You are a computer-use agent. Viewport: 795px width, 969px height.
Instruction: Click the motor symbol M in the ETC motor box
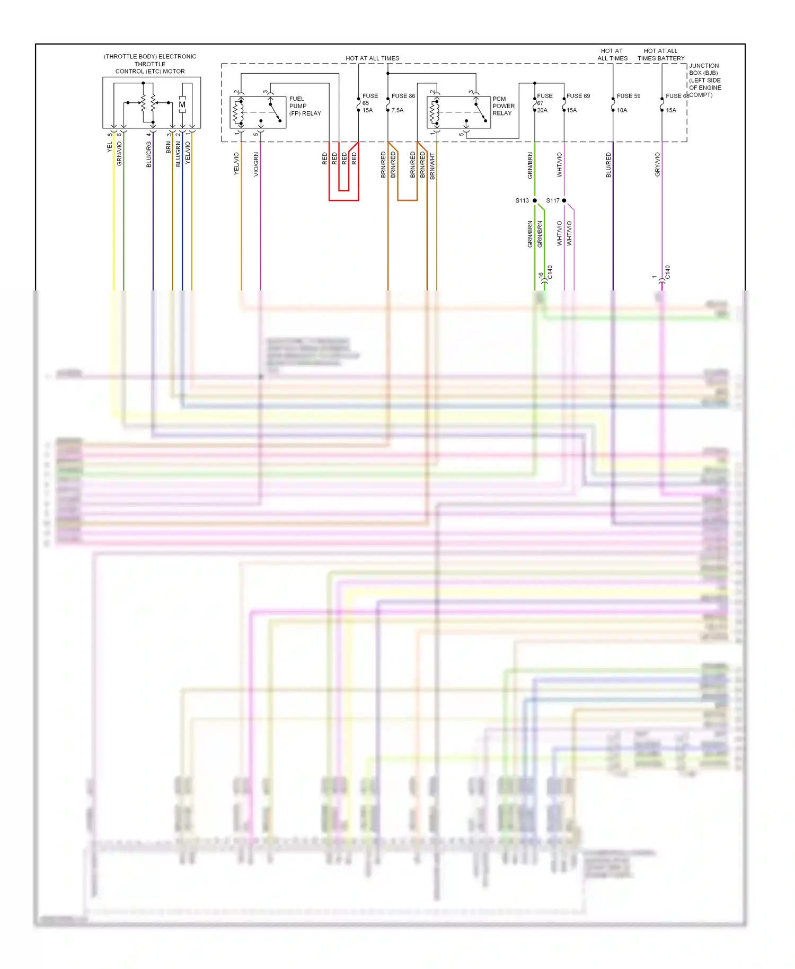(182, 104)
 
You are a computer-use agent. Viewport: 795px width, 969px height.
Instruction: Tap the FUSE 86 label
(403, 96)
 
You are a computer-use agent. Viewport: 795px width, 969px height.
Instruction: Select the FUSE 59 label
(628, 96)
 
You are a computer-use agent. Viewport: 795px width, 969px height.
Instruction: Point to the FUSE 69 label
(578, 96)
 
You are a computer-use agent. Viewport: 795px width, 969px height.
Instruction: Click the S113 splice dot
(534, 200)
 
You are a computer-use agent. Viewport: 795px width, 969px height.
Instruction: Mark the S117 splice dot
(564, 200)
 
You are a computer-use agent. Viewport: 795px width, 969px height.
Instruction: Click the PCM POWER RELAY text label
(503, 106)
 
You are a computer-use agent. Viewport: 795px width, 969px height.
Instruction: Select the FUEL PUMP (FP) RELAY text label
(305, 106)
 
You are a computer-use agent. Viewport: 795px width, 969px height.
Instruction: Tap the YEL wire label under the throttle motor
(110, 147)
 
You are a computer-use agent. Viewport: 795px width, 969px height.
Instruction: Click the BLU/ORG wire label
(149, 154)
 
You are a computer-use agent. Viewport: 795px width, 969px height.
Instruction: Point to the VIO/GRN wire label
(256, 164)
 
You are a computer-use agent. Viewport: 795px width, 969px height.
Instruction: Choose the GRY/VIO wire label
(657, 164)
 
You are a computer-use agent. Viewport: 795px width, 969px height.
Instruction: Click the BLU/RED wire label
(608, 165)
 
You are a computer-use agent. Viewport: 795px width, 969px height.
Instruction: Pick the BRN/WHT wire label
(432, 166)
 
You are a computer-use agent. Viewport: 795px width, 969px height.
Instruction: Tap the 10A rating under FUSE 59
(622, 110)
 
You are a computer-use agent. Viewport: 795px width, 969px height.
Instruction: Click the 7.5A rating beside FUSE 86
(397, 110)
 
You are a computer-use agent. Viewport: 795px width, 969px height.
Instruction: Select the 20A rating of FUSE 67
(542, 110)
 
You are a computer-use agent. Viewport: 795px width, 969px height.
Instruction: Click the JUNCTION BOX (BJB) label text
(704, 81)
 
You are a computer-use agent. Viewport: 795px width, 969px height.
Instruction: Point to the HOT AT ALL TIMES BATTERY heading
(661, 55)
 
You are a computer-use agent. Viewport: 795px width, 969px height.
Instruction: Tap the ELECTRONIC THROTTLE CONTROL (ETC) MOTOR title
(150, 64)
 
